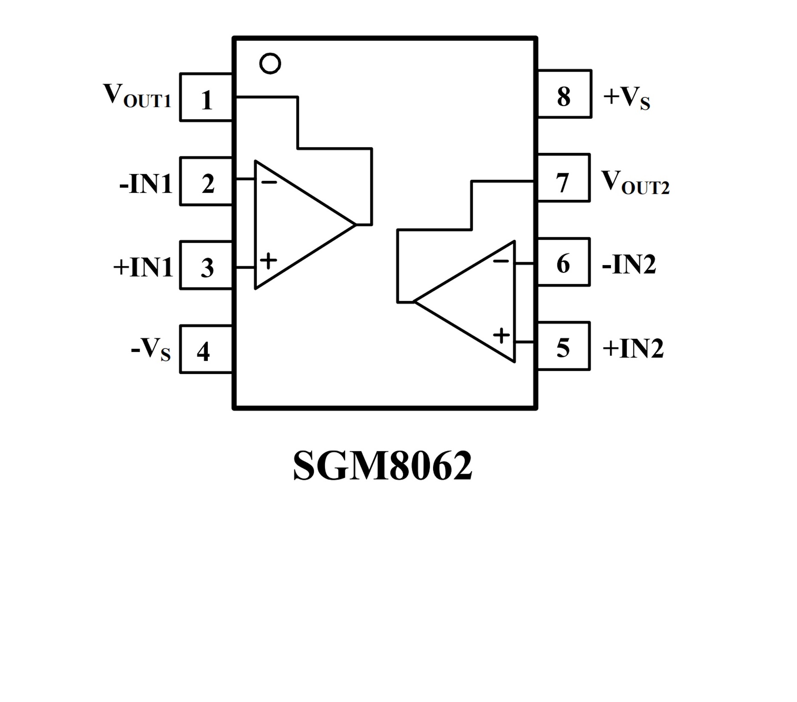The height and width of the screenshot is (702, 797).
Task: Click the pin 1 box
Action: point(206,97)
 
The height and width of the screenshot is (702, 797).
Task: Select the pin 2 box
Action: point(206,182)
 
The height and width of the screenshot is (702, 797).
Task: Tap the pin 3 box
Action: point(206,265)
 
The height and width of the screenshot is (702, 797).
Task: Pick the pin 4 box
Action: point(206,349)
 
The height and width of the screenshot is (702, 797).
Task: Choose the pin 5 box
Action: point(564,346)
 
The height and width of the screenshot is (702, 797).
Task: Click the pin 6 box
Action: point(564,262)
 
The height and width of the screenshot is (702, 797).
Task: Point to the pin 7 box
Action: point(564,178)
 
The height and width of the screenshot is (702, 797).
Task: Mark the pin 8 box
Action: point(565,94)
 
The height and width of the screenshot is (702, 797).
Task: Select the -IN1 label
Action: point(146,184)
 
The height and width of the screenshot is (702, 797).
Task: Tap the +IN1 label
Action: point(143,267)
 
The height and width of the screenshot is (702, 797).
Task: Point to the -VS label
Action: point(151,349)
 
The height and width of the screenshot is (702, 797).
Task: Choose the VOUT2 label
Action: point(635,182)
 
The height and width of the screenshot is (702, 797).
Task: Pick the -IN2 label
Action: point(629,264)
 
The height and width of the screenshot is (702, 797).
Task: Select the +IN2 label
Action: point(633,348)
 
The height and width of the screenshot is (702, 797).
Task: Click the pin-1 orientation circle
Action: point(270,64)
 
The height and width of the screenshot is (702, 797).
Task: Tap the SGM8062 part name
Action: point(382,466)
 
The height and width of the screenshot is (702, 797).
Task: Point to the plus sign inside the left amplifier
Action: point(268,260)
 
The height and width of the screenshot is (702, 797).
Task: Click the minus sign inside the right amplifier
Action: point(501,261)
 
